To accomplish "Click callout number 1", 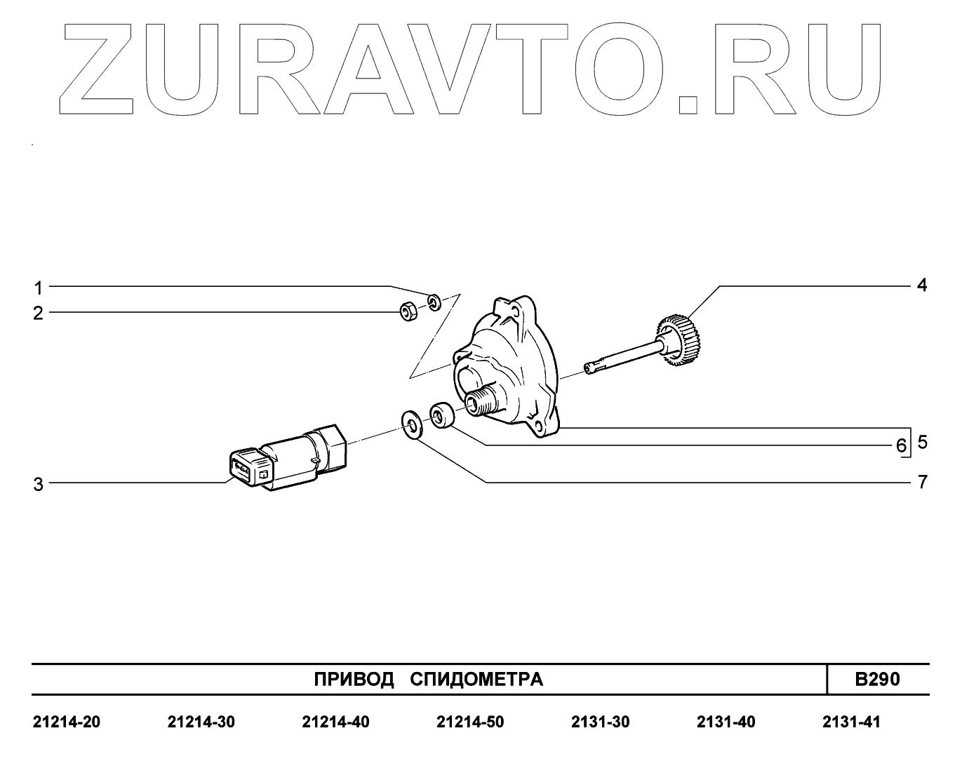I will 39,288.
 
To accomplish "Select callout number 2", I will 38,313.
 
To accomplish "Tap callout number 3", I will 39,484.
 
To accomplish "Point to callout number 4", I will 921,285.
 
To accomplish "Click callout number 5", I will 922,442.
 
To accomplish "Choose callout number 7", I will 922,483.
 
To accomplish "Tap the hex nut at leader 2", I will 408,311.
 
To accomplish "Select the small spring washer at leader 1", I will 434,302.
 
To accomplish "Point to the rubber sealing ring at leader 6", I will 441,415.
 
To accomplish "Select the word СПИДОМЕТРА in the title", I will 476,680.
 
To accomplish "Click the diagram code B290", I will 877,679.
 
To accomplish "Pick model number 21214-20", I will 67,722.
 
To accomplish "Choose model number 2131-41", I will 850,722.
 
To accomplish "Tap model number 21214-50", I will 469,722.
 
